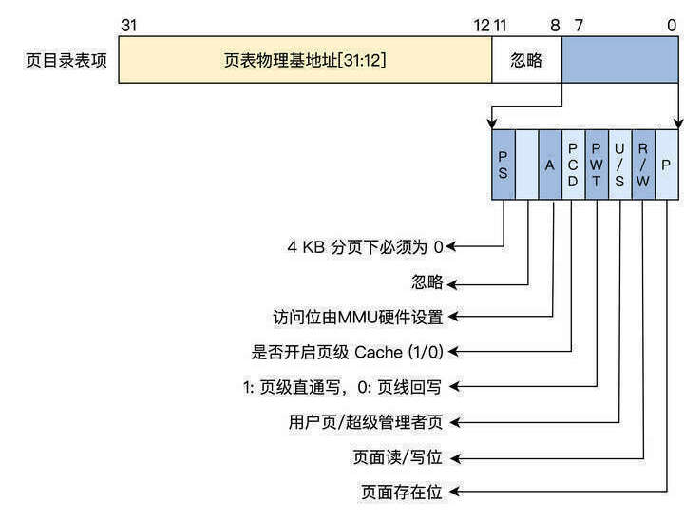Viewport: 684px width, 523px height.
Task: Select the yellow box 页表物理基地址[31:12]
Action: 305,61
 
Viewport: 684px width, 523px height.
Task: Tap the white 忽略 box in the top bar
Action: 526,61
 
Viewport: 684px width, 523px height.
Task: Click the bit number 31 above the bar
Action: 131,23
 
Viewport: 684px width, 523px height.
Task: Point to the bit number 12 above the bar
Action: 482,23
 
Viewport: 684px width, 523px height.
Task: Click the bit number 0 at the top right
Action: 673,23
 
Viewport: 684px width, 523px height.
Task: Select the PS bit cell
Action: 503,165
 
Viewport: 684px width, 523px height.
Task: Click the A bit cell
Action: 550,165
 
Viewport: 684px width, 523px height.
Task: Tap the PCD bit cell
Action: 573,165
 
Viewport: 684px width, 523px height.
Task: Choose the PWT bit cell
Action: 597,165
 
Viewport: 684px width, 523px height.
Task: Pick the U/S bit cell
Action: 619,165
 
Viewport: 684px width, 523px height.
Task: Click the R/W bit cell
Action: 643,165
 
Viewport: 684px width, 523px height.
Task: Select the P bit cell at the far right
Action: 667,165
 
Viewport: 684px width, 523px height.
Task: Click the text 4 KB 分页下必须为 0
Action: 366,246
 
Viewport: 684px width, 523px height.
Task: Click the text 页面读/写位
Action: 397,456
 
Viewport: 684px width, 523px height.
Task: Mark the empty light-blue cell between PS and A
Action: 527,165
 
